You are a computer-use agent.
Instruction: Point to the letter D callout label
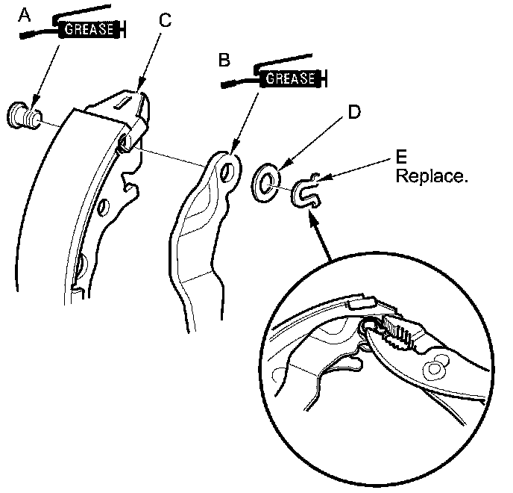355,112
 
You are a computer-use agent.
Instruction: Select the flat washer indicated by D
267,179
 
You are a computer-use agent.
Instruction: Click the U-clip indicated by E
304,191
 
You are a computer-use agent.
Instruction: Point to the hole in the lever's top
227,170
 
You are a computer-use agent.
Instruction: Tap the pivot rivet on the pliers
434,368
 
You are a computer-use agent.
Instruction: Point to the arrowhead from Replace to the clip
322,178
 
